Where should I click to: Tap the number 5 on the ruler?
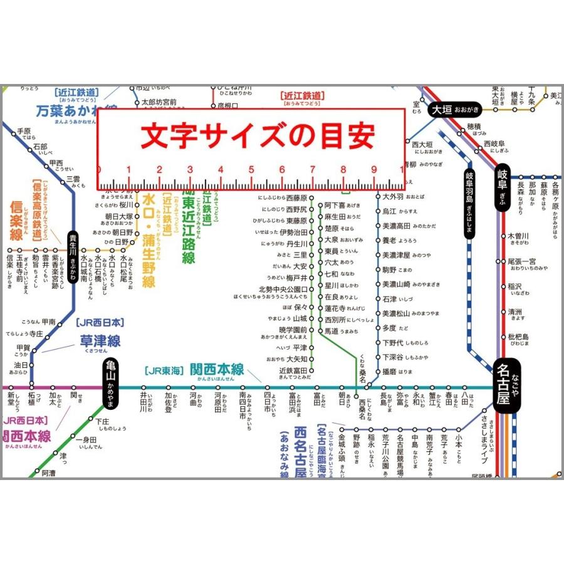(251, 170)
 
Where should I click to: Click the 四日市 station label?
(268, 404)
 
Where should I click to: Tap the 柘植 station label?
(31, 399)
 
